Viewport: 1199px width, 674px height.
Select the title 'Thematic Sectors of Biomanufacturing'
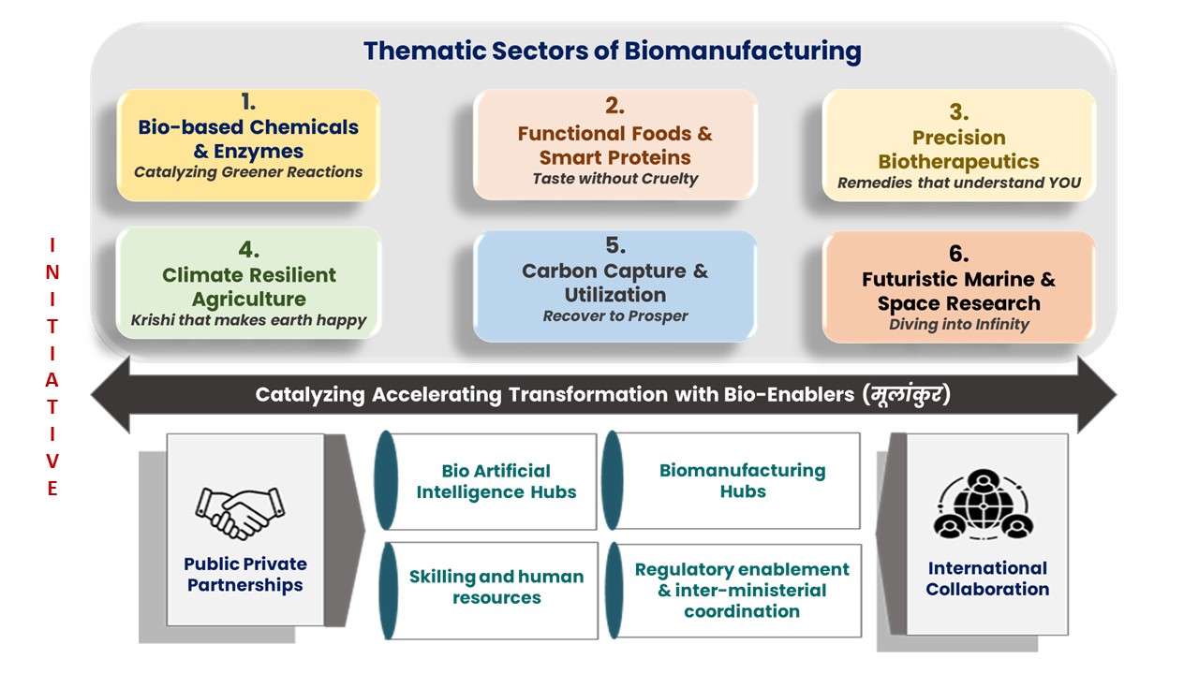click(613, 51)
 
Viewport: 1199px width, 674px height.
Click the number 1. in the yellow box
click(247, 102)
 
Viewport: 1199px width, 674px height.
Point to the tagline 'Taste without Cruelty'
click(615, 178)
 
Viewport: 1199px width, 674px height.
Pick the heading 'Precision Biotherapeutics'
click(958, 150)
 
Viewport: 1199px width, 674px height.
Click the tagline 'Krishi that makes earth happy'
click(249, 321)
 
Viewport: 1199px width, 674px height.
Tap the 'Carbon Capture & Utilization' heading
click(615, 283)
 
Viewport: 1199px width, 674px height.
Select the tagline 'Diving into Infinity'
click(958, 324)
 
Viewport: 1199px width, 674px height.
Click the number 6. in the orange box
click(958, 255)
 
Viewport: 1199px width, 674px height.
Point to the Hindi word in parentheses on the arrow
click(907, 394)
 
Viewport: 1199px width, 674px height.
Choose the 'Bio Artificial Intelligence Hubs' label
click(496, 481)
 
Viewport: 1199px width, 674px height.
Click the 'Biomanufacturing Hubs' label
click(743, 480)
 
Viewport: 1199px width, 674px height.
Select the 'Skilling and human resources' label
click(496, 587)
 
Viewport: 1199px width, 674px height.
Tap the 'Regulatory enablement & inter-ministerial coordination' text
click(742, 590)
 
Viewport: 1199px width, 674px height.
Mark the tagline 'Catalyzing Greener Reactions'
click(248, 172)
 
